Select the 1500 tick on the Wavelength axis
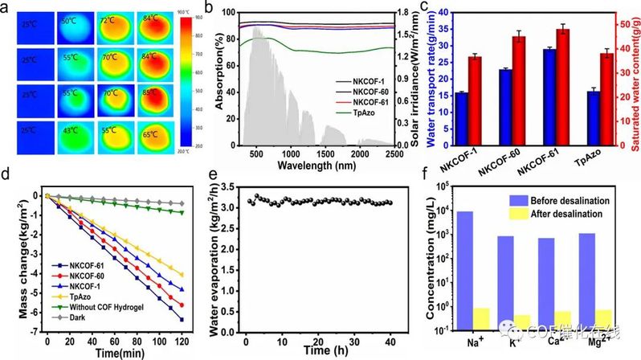pyautogui.click(x=325, y=153)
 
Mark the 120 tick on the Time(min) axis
pyautogui.click(x=183, y=342)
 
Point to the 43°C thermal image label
pyautogui.click(x=71, y=130)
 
